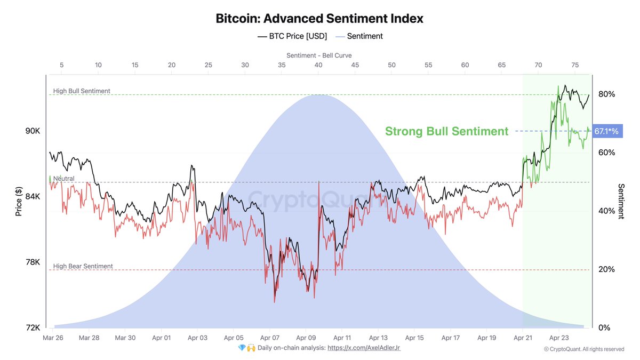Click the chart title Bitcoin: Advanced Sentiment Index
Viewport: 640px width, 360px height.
pos(319,19)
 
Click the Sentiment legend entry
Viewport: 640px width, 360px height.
pos(359,36)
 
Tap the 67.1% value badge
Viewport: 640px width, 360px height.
pos(606,131)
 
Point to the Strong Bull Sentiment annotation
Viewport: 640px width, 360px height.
pos(446,131)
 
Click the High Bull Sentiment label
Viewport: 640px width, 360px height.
pos(82,91)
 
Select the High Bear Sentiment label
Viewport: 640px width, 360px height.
pos(83,266)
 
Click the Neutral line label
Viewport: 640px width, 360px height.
pos(63,179)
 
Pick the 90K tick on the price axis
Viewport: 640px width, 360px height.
pos(33,131)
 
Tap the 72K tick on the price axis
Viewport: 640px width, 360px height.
pos(33,327)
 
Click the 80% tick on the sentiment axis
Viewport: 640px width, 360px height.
pos(606,94)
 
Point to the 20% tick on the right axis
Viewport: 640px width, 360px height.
pos(606,269)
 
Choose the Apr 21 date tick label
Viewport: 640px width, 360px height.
pos(522,338)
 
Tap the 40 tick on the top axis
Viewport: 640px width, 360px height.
pos(318,65)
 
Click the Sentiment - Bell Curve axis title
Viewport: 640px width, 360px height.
pos(319,55)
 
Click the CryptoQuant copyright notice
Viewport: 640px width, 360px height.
pos(583,349)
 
